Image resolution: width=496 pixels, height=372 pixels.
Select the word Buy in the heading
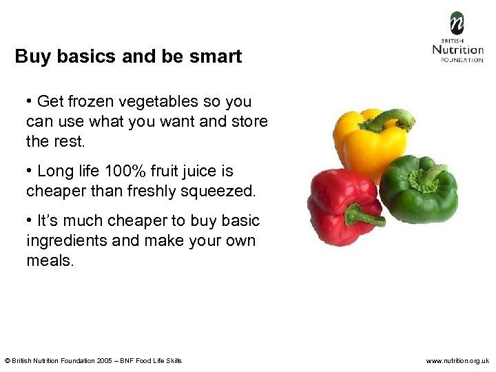(32, 56)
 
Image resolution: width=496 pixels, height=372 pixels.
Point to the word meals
(49, 260)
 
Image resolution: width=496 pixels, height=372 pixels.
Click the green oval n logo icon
(457, 24)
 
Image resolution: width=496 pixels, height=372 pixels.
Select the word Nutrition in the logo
(458, 49)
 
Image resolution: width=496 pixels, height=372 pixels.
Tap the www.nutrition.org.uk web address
(457, 360)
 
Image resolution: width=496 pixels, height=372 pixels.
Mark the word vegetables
(166, 102)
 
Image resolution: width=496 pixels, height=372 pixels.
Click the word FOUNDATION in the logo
(462, 60)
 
